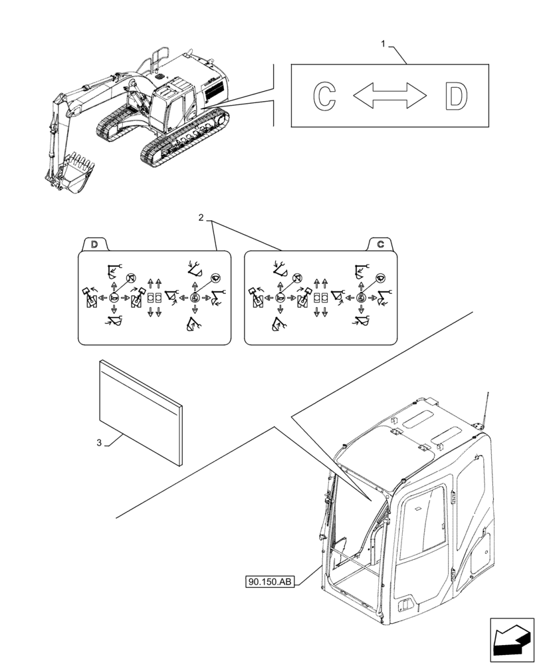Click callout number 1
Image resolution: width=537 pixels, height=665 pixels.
pyautogui.click(x=383, y=44)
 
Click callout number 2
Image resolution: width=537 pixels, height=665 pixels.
pyautogui.click(x=201, y=217)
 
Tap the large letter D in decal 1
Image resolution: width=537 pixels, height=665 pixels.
pyautogui.click(x=456, y=96)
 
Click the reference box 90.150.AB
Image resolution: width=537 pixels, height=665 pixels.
pyautogui.click(x=270, y=583)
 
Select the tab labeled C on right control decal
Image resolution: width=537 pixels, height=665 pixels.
pyautogui.click(x=380, y=245)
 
